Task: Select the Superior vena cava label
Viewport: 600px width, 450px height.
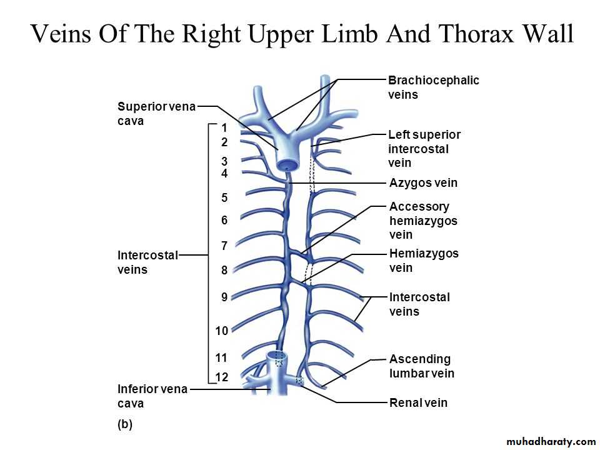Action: pos(156,114)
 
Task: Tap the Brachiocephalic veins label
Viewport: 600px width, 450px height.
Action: pos(433,87)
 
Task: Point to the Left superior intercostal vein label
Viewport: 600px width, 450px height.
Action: pos(424,149)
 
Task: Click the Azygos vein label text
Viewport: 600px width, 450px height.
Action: pos(423,183)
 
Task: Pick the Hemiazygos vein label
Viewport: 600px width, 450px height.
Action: pos(423,261)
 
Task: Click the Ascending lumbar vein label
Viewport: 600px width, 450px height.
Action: pos(421,366)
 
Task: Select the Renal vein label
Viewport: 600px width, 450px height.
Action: pos(418,402)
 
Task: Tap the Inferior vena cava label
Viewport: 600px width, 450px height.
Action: pos(152,396)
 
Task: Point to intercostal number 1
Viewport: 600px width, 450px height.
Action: pos(224,127)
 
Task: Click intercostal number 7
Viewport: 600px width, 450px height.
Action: pos(224,246)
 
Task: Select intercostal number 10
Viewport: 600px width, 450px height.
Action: pos(222,330)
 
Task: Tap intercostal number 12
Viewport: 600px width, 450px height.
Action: pos(222,377)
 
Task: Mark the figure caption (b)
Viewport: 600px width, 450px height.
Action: pos(125,424)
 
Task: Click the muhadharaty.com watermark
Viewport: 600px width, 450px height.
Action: pos(542,442)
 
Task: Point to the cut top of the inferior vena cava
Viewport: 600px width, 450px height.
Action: pos(276,356)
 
